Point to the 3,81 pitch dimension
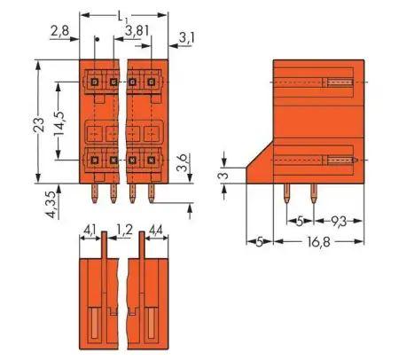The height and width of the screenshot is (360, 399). tap(136, 30)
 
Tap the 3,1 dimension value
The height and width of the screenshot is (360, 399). tap(187, 38)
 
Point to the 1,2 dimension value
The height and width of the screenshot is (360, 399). tap(121, 230)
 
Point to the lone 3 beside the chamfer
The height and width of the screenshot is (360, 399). tap(225, 176)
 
